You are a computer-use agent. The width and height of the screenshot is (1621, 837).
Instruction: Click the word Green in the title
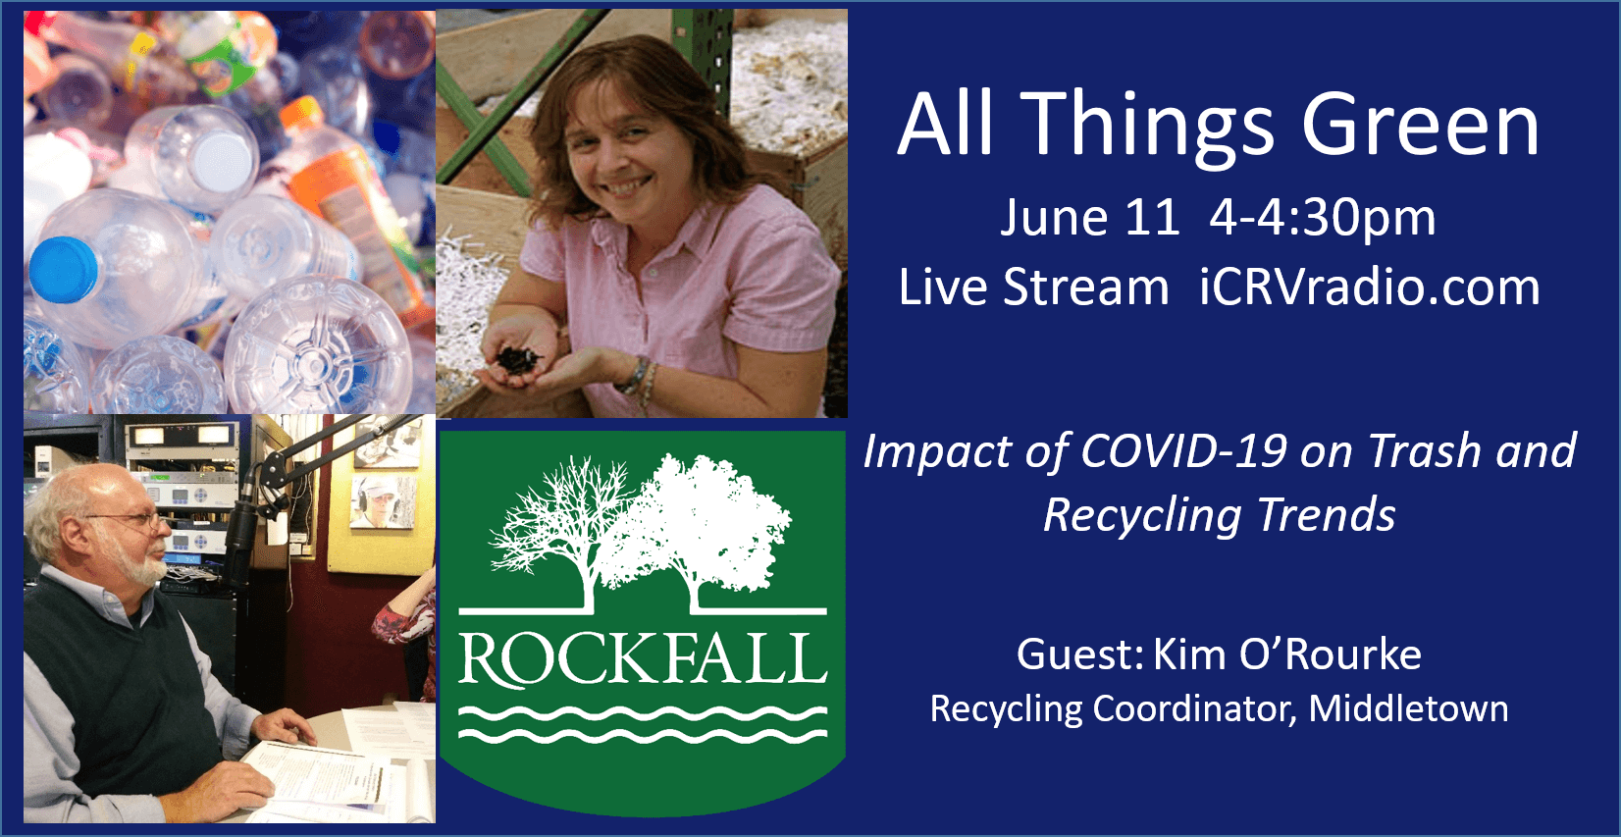(1421, 128)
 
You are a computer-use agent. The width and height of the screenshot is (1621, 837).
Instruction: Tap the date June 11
(1090, 217)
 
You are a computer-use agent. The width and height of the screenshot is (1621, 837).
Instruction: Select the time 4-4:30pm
(1322, 218)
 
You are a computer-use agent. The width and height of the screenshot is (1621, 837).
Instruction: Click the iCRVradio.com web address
(1370, 288)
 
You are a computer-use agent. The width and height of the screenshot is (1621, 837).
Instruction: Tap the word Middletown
(1408, 708)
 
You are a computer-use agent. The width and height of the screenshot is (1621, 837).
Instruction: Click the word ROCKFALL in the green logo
(643, 658)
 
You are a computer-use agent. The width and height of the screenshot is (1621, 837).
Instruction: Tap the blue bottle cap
(64, 269)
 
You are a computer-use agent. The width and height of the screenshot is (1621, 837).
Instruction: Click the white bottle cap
(223, 162)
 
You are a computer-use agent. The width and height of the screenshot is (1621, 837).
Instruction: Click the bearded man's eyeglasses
(133, 520)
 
